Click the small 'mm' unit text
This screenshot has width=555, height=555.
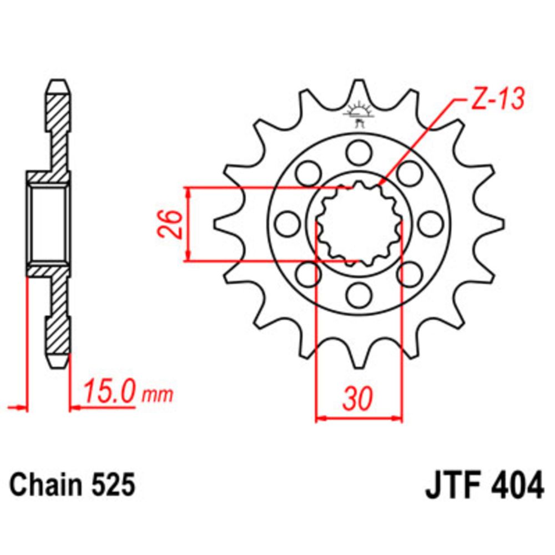click(158, 394)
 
